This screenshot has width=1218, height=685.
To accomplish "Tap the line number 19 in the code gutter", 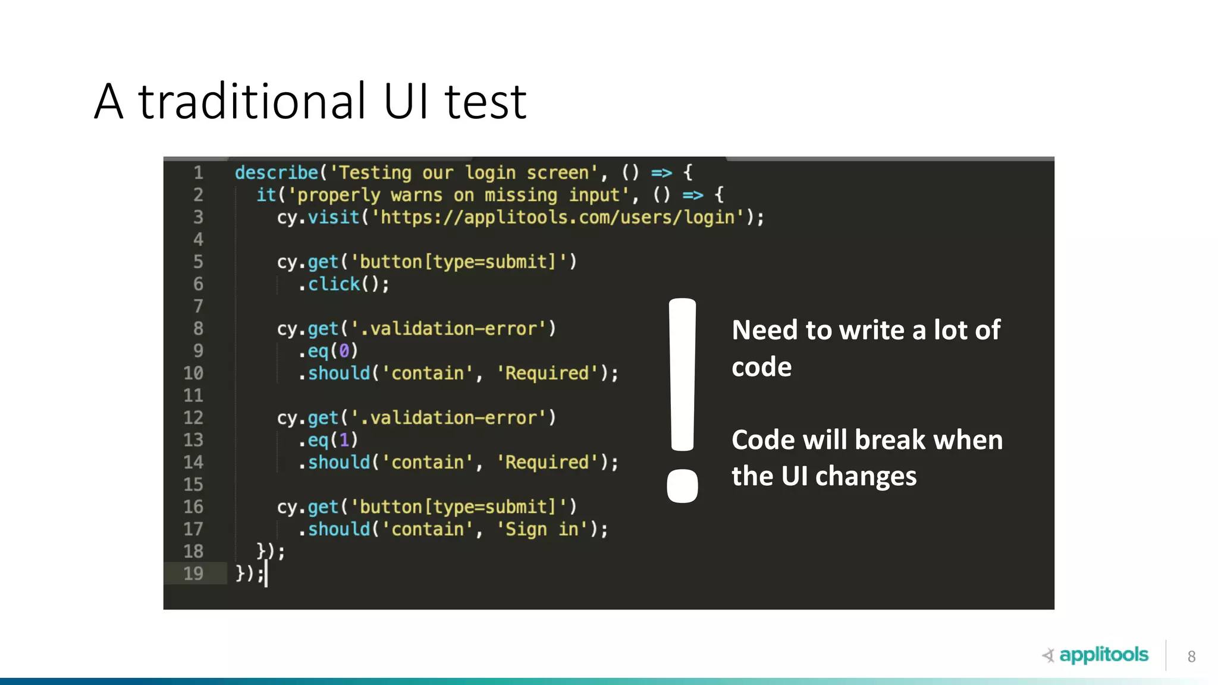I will (193, 574).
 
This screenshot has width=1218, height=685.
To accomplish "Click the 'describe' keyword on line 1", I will (277, 173).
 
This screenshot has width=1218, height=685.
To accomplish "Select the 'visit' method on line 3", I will (334, 218).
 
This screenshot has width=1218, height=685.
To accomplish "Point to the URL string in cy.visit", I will (558, 218).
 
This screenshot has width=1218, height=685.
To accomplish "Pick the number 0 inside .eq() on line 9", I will (344, 351).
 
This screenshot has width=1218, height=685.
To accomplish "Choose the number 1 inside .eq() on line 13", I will (344, 441).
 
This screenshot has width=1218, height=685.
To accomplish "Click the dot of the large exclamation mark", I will (682, 486).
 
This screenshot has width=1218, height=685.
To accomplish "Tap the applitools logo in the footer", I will (1095, 655).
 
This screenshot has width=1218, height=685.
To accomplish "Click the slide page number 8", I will (1191, 656).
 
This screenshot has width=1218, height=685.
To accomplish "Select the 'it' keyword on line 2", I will (266, 195).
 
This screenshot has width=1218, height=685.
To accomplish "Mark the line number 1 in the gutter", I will (198, 173).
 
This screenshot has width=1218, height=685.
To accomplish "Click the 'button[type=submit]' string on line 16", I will (458, 507).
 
